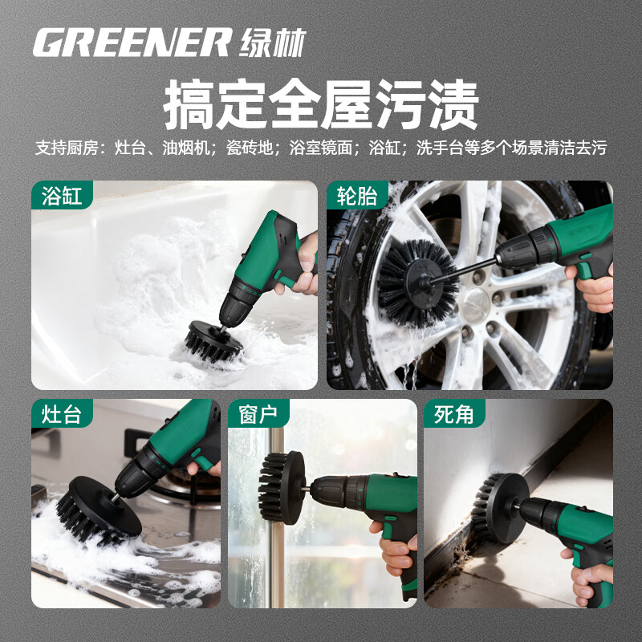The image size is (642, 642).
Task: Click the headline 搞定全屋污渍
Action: (321, 105)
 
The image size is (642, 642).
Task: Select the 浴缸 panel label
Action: (62, 196)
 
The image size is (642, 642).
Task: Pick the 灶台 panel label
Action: (62, 415)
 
